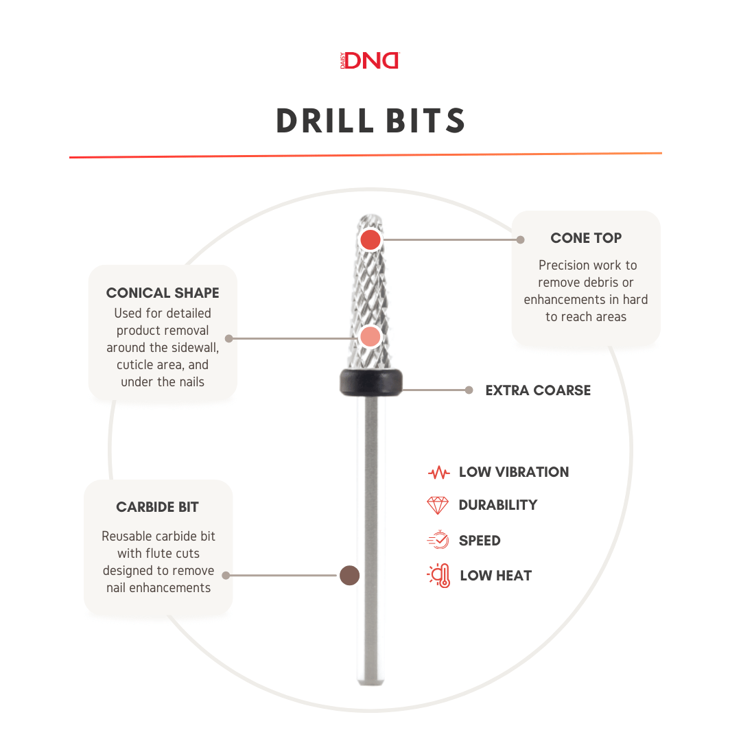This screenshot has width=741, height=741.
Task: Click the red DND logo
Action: [x=371, y=60]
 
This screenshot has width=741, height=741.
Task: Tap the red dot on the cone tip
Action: [x=370, y=239]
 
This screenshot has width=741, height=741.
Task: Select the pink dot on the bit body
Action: [x=370, y=337]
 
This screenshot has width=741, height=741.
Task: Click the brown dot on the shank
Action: [x=350, y=576]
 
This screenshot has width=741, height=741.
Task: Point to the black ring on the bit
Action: [x=370, y=382]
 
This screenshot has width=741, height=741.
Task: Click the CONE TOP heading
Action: [x=586, y=238]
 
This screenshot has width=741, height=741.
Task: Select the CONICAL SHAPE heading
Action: [x=163, y=293]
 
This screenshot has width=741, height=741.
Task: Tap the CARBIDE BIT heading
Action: [x=158, y=508]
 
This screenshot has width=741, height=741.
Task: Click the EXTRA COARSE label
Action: [x=538, y=390]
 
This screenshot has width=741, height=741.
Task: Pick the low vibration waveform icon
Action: [x=438, y=473]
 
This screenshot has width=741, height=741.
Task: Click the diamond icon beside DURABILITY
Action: [x=438, y=506]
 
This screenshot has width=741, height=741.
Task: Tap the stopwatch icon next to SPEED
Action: [x=438, y=541]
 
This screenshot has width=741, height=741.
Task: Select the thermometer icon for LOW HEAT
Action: [x=438, y=576]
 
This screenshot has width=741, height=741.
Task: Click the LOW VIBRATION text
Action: [x=514, y=472]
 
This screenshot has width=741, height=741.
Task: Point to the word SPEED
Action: [x=480, y=541]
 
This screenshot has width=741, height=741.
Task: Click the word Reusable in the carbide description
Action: [x=127, y=537]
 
